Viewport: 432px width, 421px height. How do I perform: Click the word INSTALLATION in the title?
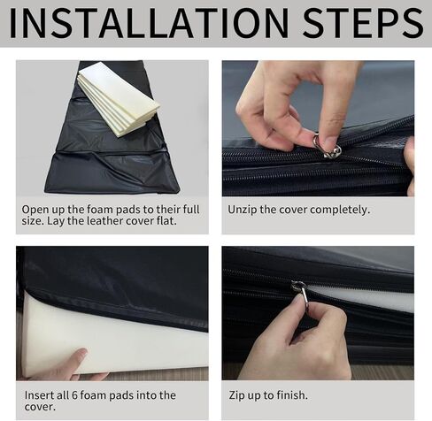coord(149,23)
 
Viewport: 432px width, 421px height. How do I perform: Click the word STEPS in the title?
coord(363,23)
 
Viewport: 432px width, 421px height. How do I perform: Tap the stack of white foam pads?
coord(119,99)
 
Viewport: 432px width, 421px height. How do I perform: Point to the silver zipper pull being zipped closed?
coord(300,293)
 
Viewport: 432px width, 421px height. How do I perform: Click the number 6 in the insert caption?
coord(74,395)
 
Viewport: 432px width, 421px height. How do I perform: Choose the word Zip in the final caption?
coord(237,395)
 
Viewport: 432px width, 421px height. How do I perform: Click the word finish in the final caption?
coord(291,395)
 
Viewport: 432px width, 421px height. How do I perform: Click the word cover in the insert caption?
coord(40,407)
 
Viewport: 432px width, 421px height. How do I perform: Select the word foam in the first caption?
coord(100,210)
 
